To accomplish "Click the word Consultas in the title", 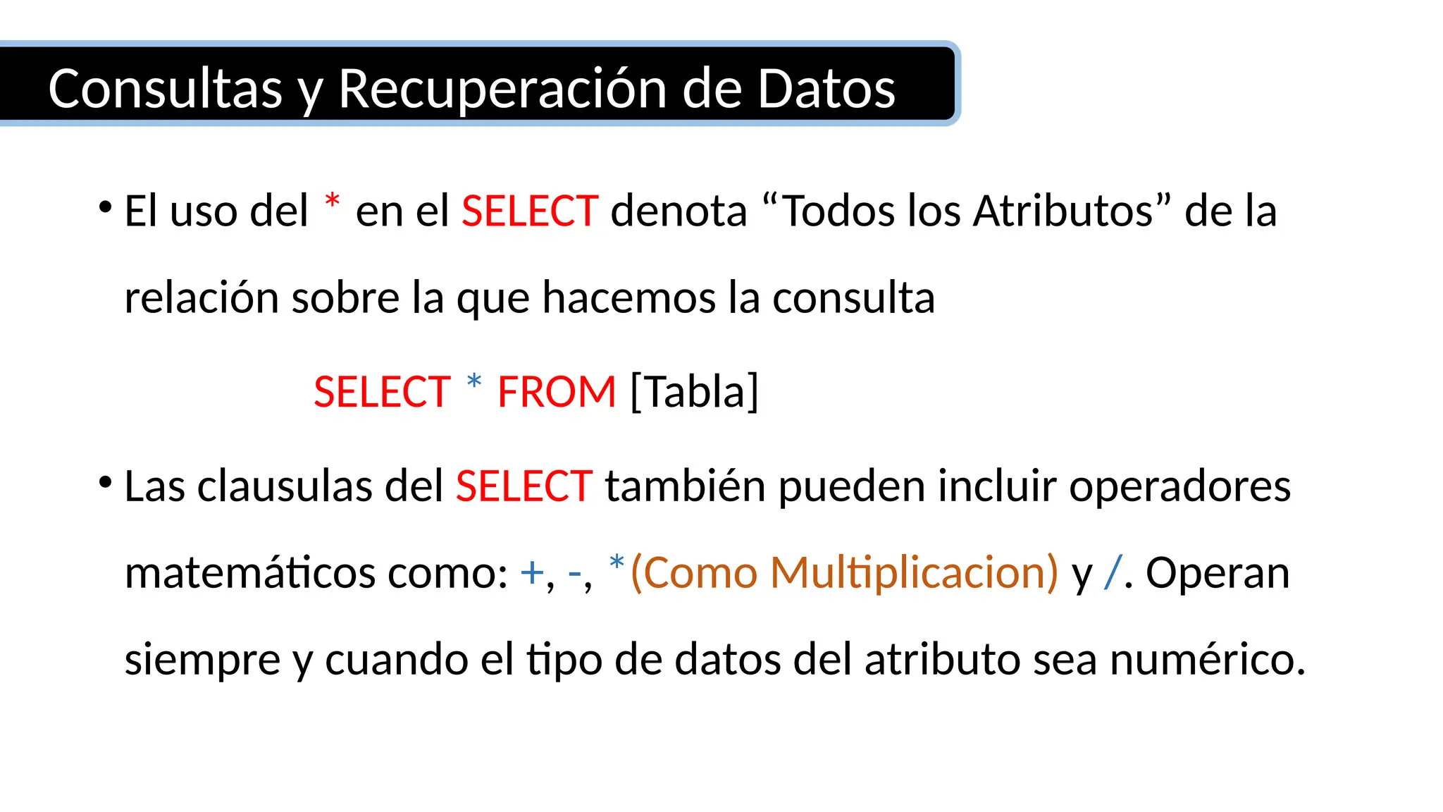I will point(165,89).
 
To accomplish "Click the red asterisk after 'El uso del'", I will point(333,202).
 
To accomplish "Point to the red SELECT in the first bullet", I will point(530,211).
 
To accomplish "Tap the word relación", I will point(202,297).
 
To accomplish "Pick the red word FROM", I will point(557,392).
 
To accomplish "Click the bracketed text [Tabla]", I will point(694,392).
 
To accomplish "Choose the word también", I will point(685,486).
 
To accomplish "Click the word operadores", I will point(1179,486).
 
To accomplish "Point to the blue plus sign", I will point(531,573).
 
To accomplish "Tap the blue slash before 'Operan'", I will point(1113,572).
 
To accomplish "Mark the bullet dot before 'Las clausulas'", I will point(106,483).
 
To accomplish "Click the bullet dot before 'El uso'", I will point(106,207).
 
